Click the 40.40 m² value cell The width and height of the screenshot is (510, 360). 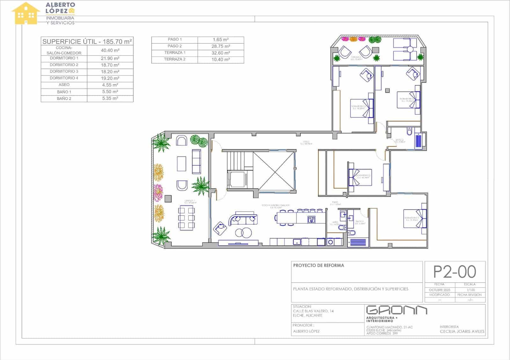pyautogui.click(x=110, y=50)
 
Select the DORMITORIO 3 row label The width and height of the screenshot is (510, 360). pyautogui.click(x=64, y=71)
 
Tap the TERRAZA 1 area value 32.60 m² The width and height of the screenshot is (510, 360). pyautogui.click(x=221, y=53)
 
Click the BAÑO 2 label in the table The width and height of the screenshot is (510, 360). pyautogui.click(x=64, y=98)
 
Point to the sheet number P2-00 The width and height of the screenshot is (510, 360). pyautogui.click(x=455, y=272)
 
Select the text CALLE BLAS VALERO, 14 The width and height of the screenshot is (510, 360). pyautogui.click(x=313, y=311)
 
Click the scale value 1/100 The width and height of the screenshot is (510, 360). pyautogui.click(x=470, y=290)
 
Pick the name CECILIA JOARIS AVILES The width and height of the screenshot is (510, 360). pyautogui.click(x=462, y=331)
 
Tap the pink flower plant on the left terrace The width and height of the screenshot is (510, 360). pyautogui.click(x=158, y=192)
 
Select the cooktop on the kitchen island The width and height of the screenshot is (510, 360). pyautogui.click(x=311, y=219)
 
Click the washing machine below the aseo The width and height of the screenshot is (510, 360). pyautogui.click(x=331, y=242)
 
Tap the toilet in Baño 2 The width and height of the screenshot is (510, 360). pyautogui.click(x=410, y=131)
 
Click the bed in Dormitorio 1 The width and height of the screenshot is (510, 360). pyautogui.click(x=415, y=218)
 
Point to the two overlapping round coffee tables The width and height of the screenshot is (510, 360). pyautogui.click(x=243, y=233)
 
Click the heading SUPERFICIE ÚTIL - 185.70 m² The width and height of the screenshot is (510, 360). pyautogui.click(x=87, y=41)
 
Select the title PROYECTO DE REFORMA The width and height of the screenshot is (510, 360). pyautogui.click(x=318, y=265)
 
